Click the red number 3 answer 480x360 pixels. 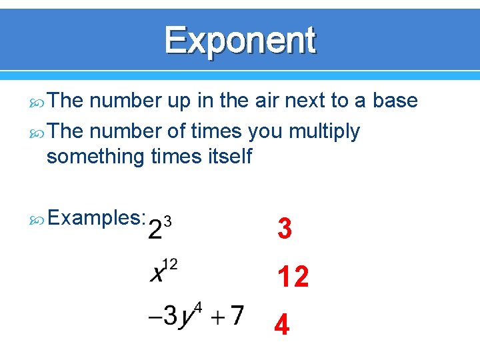[285, 229]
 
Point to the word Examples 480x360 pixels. [97, 217]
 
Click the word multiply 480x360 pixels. [324, 133]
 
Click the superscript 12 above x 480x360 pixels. [170, 265]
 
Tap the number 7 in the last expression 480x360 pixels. [237, 315]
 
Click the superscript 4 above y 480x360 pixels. [197, 307]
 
